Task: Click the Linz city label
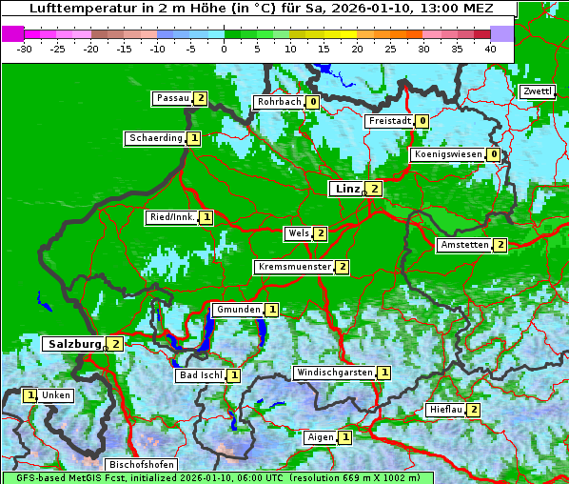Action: [x=347, y=189]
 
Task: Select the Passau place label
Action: [x=173, y=98]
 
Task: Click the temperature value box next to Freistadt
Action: [x=422, y=121]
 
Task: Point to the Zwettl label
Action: [x=537, y=91]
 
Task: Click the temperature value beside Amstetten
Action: [x=500, y=245]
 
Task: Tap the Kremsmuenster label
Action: [x=294, y=267]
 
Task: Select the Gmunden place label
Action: [x=237, y=310]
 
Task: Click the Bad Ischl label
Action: [x=202, y=375]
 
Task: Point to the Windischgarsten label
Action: [x=334, y=373]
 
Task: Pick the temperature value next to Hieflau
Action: [x=473, y=410]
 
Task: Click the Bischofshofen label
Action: [x=141, y=465]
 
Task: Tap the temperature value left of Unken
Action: [x=30, y=395]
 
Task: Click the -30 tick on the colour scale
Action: [x=25, y=49]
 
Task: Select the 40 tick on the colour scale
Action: [x=490, y=49]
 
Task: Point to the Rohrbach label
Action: [x=279, y=102]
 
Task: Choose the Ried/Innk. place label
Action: [x=172, y=217]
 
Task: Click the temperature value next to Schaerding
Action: [x=194, y=138]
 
